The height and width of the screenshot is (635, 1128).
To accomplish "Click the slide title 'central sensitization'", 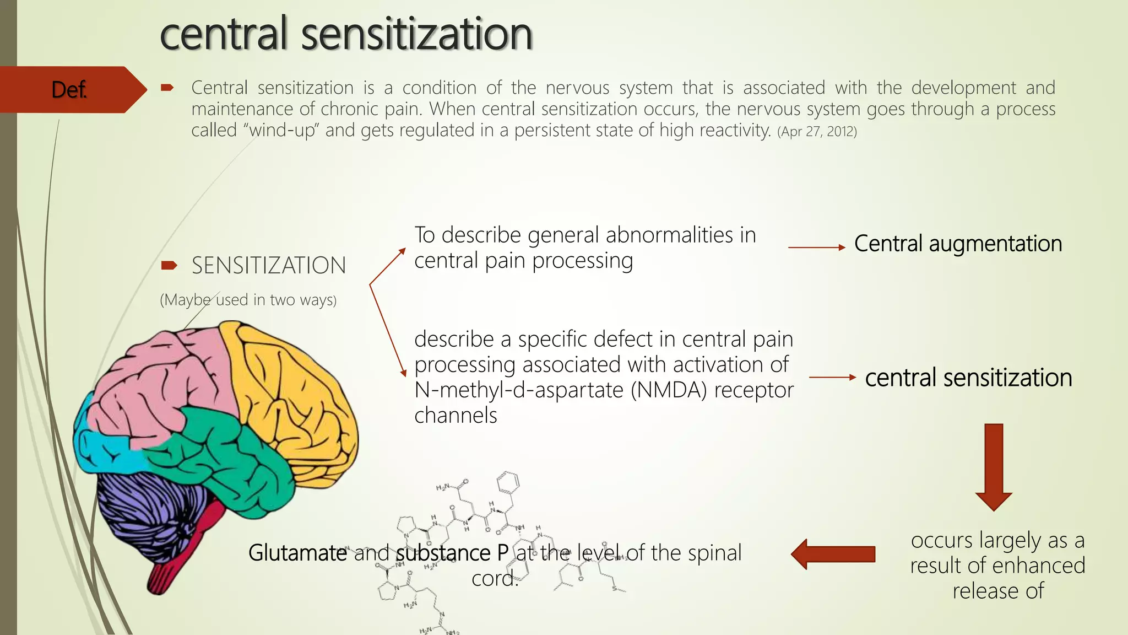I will coord(346,34).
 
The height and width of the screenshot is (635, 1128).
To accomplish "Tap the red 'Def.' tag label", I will coord(69,89).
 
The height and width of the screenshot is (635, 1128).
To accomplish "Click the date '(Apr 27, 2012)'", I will coord(817,132).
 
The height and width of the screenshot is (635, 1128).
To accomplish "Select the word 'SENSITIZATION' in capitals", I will coord(269,266).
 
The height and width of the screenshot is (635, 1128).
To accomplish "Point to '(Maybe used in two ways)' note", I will coord(248,300).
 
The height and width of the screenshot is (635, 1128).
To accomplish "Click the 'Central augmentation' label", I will coord(958,244).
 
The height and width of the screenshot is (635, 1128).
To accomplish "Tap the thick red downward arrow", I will coord(993,466).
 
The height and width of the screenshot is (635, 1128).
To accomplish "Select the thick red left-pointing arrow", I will coord(833,553).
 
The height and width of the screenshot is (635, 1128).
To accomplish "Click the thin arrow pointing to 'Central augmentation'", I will coord(816,247).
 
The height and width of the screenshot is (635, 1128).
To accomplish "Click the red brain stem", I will coord(182,557).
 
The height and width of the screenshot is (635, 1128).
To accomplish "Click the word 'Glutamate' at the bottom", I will coord(297,553).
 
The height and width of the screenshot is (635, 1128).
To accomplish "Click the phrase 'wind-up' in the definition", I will coord(282,131).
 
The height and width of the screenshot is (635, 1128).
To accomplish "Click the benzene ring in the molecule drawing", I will coord(507,483).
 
